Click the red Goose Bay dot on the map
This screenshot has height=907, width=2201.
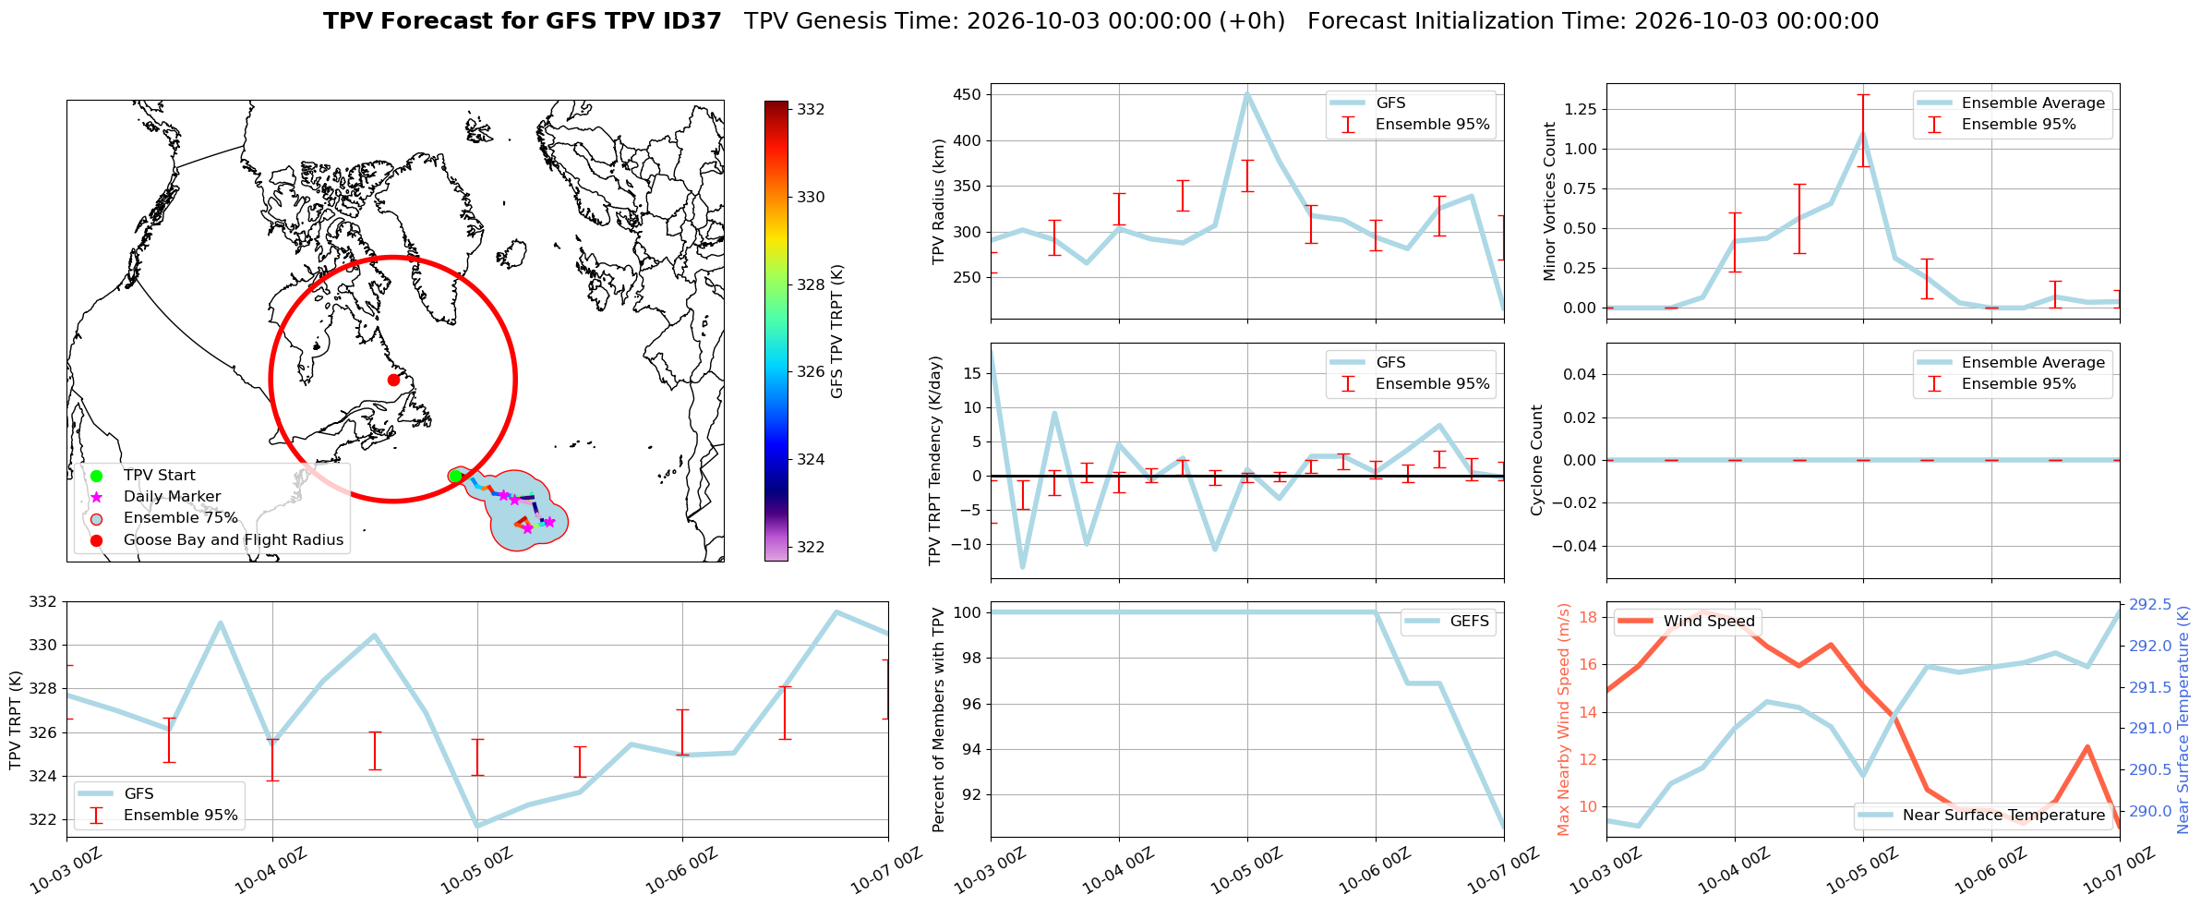[x=393, y=380]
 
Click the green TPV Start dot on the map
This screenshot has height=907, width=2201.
[x=455, y=476]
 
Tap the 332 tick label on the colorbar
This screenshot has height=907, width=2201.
[x=811, y=109]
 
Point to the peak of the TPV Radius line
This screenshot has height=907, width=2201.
[x=1247, y=93]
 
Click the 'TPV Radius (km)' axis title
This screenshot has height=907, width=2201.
[x=939, y=201]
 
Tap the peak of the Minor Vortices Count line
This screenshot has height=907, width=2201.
[x=1863, y=132]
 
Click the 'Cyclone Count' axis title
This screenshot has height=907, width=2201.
[x=1537, y=460]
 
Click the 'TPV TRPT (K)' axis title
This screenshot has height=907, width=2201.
[x=15, y=720]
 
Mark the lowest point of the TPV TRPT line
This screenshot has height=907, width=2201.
[x=477, y=826]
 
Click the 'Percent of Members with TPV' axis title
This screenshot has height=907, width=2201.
[x=939, y=720]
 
